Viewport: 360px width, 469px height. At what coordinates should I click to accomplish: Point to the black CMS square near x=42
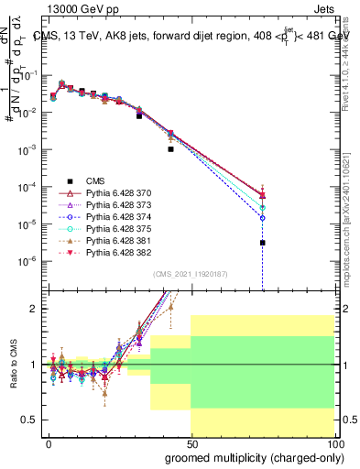[x=170, y=148]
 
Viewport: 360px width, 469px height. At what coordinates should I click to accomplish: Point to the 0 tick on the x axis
[x=49, y=442]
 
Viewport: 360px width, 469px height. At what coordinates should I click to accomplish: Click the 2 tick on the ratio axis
[x=33, y=309]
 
